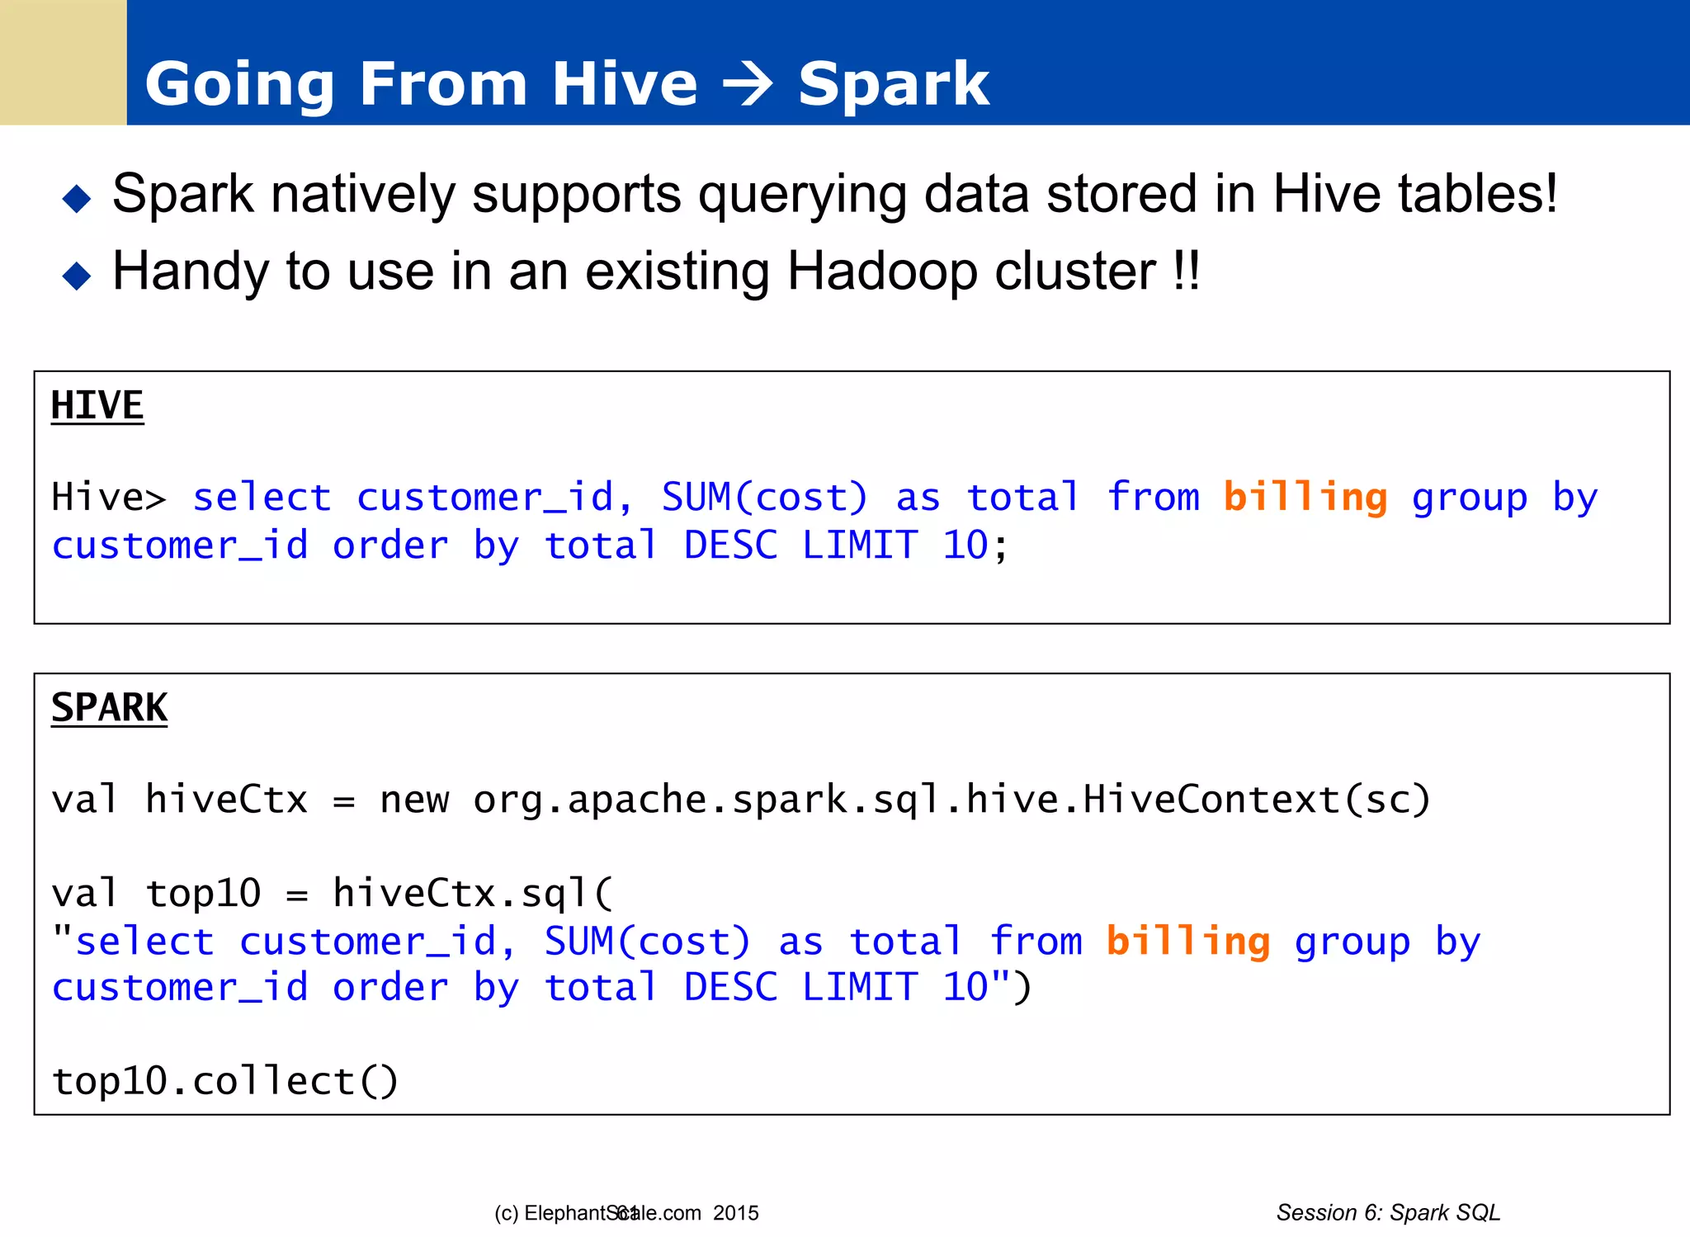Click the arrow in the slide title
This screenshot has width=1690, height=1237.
coord(747,84)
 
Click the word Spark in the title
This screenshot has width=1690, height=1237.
coord(894,84)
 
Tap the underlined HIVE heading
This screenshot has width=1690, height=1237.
coord(97,405)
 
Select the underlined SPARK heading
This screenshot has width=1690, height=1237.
coord(109,707)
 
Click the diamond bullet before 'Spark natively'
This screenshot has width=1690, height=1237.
coord(77,198)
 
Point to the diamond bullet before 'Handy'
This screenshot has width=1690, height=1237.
coord(77,276)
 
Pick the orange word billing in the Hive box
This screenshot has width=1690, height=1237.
coord(1305,497)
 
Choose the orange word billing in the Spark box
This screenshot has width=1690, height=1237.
coord(1187,941)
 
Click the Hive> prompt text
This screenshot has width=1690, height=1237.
coord(108,497)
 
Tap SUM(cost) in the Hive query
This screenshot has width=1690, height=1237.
coord(764,497)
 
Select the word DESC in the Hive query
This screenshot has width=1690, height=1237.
coord(730,545)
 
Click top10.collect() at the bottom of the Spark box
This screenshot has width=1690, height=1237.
coord(224,1080)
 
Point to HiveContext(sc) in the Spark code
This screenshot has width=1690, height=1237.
coord(1257,799)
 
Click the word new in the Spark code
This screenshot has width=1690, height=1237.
coord(414,799)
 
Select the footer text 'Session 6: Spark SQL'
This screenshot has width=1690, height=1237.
coord(1388,1212)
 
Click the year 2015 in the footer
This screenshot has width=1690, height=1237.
coord(736,1213)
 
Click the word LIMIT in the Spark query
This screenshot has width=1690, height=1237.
coord(860,987)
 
